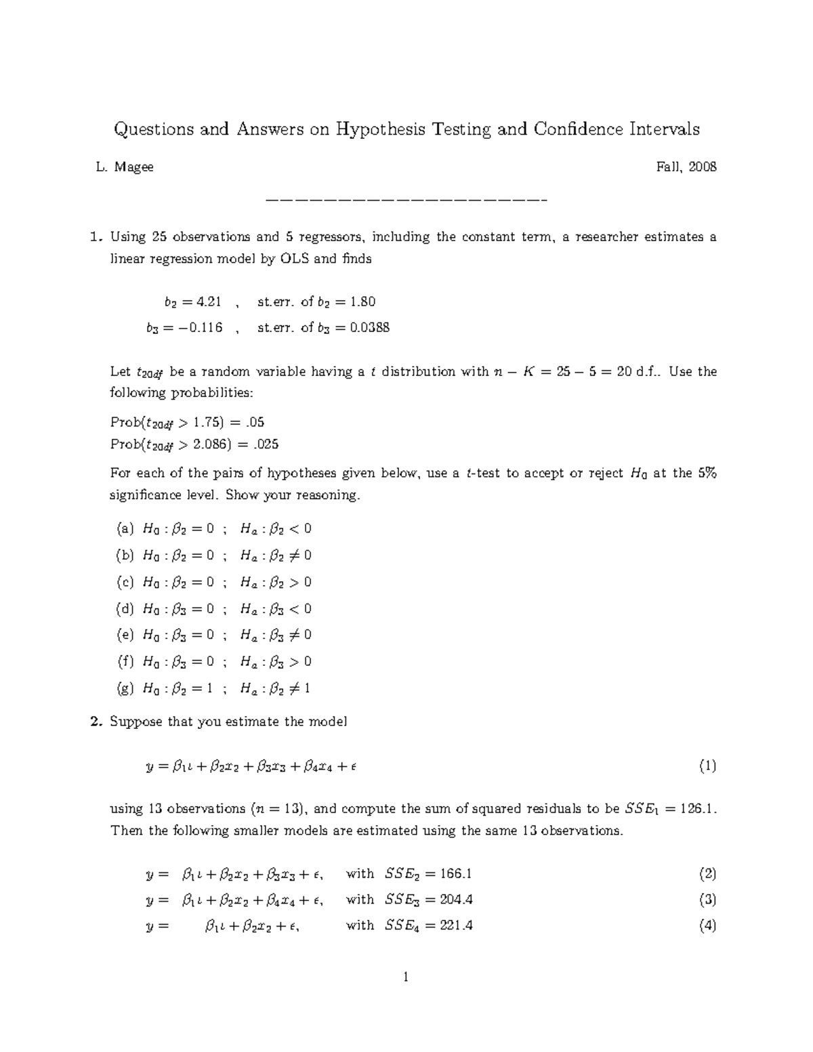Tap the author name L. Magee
click(x=125, y=167)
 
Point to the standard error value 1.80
click(x=359, y=301)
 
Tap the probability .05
click(x=255, y=422)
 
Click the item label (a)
click(x=125, y=528)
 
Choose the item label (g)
click(x=125, y=688)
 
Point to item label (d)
click(x=125, y=608)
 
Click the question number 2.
click(x=96, y=721)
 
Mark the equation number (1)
click(x=707, y=766)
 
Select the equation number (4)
click(x=707, y=925)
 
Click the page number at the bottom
click(x=406, y=977)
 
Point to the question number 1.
click(x=96, y=237)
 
